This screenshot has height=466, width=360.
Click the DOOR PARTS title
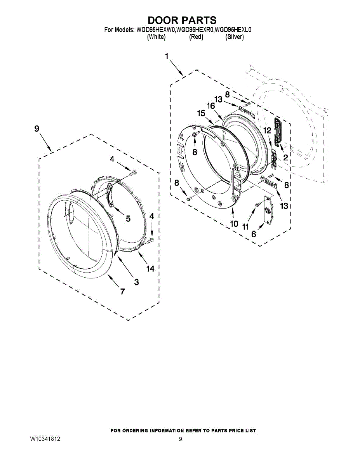coord(182,20)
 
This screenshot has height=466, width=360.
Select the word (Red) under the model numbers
coord(196,37)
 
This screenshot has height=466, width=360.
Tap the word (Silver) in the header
coord(235,37)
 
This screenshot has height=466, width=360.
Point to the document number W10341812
coord(45,439)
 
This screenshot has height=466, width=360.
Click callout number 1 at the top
coord(167,57)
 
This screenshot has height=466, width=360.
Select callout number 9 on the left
coord(37,129)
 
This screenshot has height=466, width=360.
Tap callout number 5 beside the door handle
coord(128,218)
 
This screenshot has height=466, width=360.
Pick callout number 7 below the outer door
coord(122,291)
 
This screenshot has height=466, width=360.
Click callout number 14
coord(150,268)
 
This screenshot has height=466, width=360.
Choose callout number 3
coord(136,282)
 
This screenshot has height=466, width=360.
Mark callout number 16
coord(211,106)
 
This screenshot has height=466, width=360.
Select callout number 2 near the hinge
coord(285,157)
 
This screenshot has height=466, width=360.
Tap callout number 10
coord(234,224)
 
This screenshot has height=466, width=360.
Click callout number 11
coord(245,227)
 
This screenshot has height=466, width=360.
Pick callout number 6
coord(254,234)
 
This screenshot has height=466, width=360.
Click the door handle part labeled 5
coord(110,196)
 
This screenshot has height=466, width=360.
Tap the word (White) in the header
coord(157,37)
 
